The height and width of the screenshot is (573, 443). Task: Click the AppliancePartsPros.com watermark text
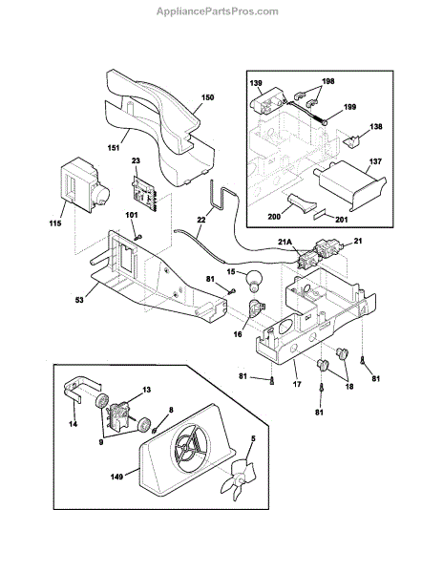point(218,11)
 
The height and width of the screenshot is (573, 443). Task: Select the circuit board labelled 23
point(145,194)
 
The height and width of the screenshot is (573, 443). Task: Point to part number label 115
point(55,223)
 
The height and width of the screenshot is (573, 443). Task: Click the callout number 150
point(207,97)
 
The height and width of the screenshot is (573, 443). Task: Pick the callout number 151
point(114,148)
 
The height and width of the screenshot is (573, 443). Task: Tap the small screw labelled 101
point(137,237)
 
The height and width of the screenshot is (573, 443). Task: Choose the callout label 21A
point(285,243)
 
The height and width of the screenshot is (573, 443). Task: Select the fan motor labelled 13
point(118,414)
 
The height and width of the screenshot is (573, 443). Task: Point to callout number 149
point(116,477)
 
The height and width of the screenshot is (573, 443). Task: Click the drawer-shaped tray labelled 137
point(349,184)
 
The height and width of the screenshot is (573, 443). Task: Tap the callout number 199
point(349,107)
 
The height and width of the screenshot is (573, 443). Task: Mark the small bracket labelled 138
point(353,141)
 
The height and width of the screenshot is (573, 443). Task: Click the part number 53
point(79,300)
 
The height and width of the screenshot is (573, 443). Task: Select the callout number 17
point(297,384)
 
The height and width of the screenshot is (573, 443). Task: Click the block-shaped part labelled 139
point(266,100)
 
